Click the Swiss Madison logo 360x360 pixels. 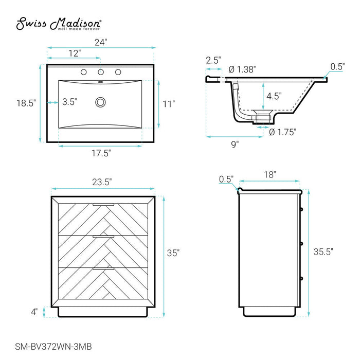[x=59, y=24]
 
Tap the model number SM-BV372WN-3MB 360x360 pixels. [x=53, y=347]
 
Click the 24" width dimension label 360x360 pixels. [x=101, y=42]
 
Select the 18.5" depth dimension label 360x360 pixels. [x=26, y=103]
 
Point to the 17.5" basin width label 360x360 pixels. [x=101, y=153]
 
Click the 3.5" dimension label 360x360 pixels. [x=69, y=102]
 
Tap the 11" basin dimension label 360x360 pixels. [x=169, y=104]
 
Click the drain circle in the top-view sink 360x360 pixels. [x=100, y=102]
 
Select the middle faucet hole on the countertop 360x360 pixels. [x=101, y=72]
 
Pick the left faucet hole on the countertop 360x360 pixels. [x=83, y=72]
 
